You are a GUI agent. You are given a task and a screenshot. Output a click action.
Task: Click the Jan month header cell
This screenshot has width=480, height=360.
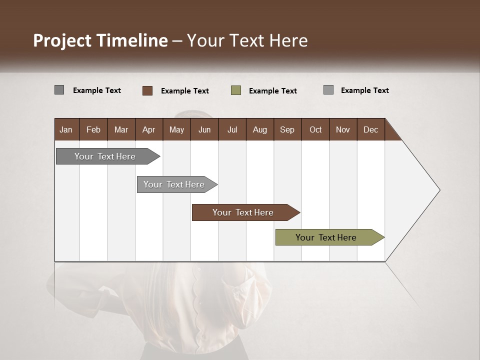pyautogui.click(x=66, y=129)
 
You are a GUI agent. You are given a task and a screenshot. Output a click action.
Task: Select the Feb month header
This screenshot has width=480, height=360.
pyautogui.click(x=93, y=129)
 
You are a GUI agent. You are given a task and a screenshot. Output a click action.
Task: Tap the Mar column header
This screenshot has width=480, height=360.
pyautogui.click(x=121, y=129)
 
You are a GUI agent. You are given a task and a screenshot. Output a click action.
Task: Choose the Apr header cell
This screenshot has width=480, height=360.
pyautogui.click(x=149, y=129)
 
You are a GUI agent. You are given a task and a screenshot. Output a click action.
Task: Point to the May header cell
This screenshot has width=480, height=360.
pyautogui.click(x=176, y=129)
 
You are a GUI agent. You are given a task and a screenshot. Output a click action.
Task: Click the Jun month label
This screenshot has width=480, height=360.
pyautogui.click(x=204, y=129)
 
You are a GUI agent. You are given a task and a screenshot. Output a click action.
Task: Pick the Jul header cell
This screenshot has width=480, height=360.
pyautogui.click(x=232, y=129)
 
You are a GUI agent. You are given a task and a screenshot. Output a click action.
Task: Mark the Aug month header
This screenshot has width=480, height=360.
pyautogui.click(x=260, y=129)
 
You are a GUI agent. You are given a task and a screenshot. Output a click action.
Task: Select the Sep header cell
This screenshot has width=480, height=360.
pyautogui.click(x=287, y=129)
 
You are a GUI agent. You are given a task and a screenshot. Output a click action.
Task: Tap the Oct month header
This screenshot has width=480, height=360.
pyautogui.click(x=315, y=129)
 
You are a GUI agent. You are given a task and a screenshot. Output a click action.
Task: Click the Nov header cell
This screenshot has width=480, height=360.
pyautogui.click(x=343, y=129)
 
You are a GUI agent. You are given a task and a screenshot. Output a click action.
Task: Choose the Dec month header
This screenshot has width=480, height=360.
pyautogui.click(x=371, y=129)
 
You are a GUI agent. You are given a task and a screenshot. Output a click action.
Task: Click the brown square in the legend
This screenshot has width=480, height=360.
pyautogui.click(x=147, y=90)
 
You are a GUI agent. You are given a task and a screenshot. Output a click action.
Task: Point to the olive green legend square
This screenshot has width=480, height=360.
pyautogui.click(x=236, y=90)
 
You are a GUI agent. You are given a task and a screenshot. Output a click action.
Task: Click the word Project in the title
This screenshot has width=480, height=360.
pyautogui.click(x=62, y=40)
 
